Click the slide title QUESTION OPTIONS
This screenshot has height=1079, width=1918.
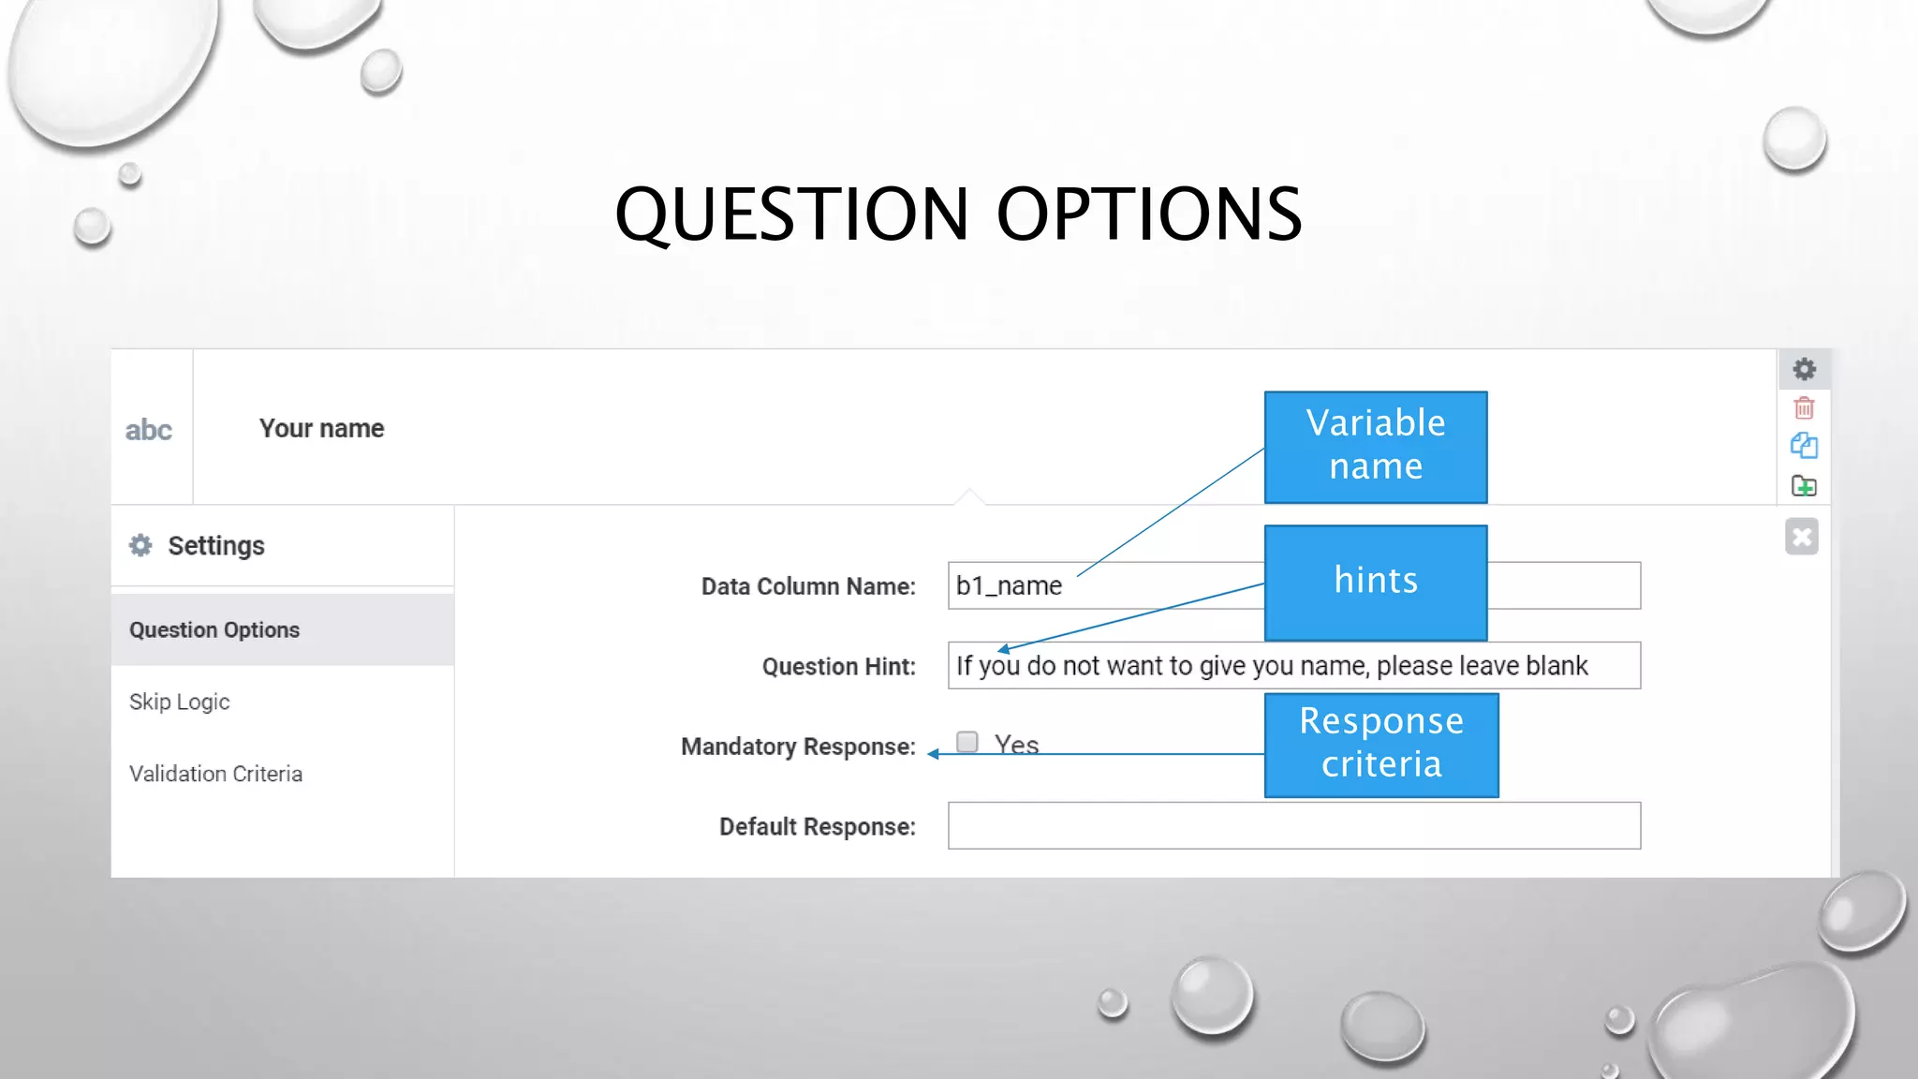tap(957, 214)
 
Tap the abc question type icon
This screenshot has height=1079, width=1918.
tap(149, 430)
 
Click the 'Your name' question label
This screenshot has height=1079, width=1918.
tap(321, 428)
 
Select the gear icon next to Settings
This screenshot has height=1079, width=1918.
tap(140, 545)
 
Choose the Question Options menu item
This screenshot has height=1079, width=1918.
tap(214, 629)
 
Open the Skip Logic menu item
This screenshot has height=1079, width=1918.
tap(180, 702)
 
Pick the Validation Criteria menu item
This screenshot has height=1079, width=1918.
tap(215, 774)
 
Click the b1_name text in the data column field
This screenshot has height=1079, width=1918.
tap(1009, 586)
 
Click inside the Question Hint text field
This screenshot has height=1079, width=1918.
tap(1292, 666)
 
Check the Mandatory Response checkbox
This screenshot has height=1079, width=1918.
tap(967, 742)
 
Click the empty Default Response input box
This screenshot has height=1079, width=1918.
tap(1293, 825)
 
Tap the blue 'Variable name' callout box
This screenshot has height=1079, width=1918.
tap(1375, 447)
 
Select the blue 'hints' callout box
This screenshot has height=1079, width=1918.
tap(1375, 582)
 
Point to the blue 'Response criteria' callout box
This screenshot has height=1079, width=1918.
tap(1380, 745)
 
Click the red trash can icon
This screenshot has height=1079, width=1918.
tap(1804, 407)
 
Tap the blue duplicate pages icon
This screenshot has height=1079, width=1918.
tap(1804, 446)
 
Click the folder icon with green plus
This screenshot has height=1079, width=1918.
tap(1804, 486)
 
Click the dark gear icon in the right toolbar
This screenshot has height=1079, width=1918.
tap(1804, 369)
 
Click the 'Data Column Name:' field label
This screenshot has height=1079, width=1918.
tap(808, 586)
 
